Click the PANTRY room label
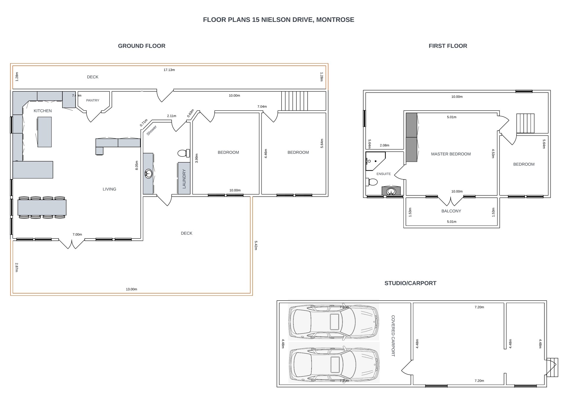click(93, 101)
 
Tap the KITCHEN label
click(43, 111)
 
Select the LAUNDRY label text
click(184, 179)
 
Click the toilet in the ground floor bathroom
click(184, 153)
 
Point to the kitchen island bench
click(44, 132)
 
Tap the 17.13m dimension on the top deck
click(169, 70)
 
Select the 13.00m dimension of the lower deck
click(131, 289)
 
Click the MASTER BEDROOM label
click(451, 154)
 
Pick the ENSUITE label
click(384, 174)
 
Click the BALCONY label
click(451, 211)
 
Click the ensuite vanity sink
click(391, 191)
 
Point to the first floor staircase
click(525, 123)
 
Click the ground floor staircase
click(294, 101)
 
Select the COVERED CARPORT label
click(393, 336)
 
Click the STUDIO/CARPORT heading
click(410, 283)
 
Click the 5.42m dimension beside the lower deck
click(256, 245)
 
